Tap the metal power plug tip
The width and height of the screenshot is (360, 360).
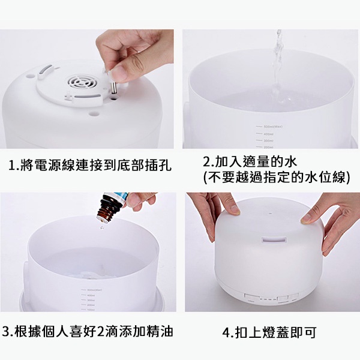tap(113, 89)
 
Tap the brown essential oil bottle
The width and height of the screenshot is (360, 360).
tap(109, 208)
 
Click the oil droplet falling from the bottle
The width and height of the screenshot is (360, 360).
tap(102, 228)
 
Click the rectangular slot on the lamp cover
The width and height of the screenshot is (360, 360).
tap(274, 240)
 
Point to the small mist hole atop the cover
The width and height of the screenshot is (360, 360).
tap(270, 214)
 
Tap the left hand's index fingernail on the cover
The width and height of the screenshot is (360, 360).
tap(235, 210)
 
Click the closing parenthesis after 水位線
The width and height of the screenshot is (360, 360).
tap(348, 177)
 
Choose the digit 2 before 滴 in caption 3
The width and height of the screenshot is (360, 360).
tap(100, 332)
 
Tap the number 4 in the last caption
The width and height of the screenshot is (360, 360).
tap(226, 332)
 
